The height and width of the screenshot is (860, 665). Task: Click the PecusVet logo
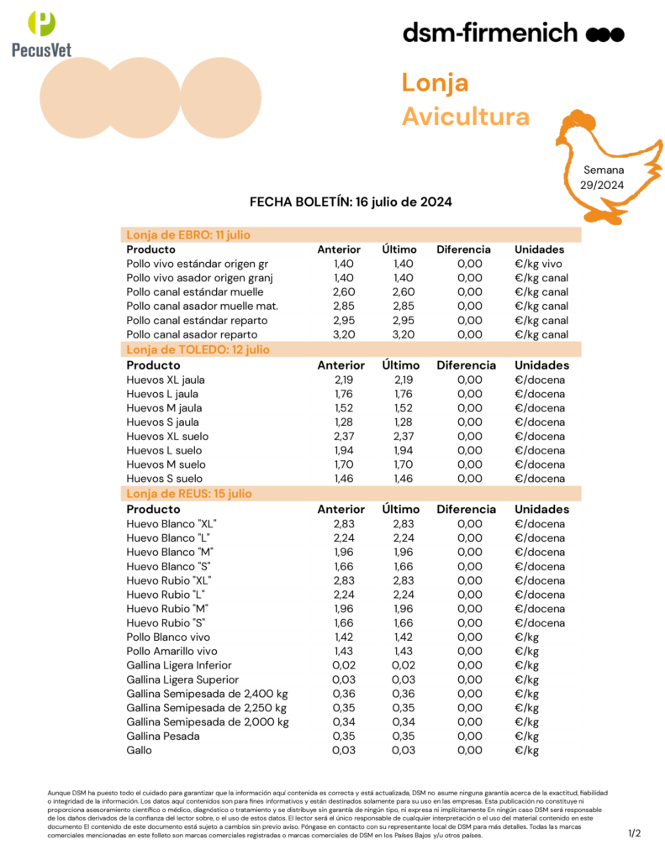(x=42, y=34)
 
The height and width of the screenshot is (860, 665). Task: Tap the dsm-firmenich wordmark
(x=513, y=34)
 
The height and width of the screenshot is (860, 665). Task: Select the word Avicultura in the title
(x=466, y=116)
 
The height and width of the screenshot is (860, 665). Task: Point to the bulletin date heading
(x=351, y=202)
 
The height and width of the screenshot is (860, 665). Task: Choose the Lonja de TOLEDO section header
(x=198, y=349)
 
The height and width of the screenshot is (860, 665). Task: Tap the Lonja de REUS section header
(x=188, y=494)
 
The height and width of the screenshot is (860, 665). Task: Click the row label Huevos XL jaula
(x=165, y=380)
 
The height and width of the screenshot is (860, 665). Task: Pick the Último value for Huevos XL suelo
(x=404, y=437)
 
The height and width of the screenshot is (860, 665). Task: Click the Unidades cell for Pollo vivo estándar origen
(x=541, y=264)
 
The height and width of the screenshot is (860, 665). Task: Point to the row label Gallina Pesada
(x=163, y=736)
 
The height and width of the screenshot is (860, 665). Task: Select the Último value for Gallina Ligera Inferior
(x=404, y=665)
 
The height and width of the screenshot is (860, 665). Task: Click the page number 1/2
(x=635, y=833)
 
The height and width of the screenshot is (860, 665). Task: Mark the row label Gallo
(x=140, y=750)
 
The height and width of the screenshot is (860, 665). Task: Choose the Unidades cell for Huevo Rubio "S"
(x=540, y=622)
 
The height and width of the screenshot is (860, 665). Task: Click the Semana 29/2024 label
(x=604, y=177)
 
